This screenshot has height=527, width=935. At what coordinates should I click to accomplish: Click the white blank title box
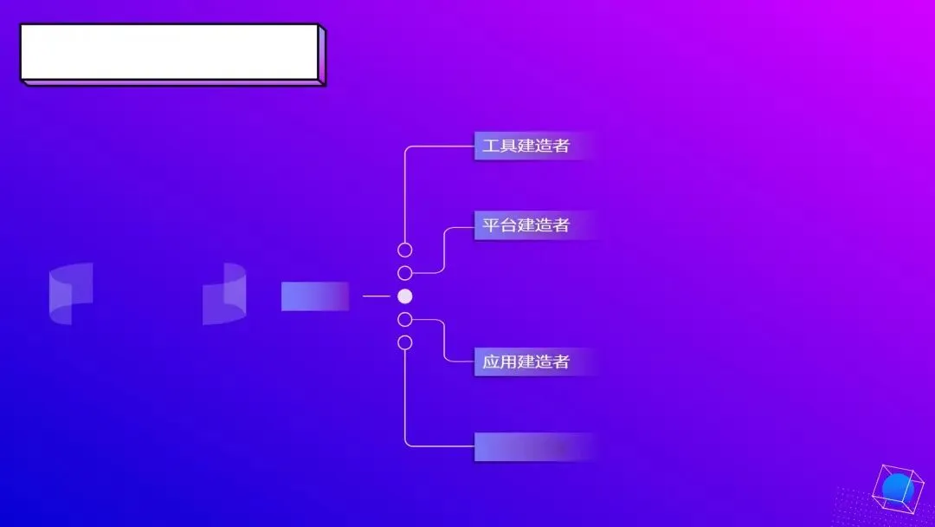170,52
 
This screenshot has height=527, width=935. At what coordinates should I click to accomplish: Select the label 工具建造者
526,146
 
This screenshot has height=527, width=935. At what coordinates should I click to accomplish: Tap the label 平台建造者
526,225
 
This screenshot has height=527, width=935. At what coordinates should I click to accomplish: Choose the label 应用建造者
526,361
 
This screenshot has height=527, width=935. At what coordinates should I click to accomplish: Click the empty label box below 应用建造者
532,446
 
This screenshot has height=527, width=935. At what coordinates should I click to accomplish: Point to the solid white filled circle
404,296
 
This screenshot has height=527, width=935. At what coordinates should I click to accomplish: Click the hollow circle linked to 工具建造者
404,250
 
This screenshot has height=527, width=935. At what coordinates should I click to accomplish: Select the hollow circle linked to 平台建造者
404,273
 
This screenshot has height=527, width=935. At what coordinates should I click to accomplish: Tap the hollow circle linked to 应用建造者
404,319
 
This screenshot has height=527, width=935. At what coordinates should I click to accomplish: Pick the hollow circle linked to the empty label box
404,342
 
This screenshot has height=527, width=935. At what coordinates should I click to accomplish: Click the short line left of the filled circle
376,296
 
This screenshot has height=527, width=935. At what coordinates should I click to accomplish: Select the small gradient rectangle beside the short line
315,296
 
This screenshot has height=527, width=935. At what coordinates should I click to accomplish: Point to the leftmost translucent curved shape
71,294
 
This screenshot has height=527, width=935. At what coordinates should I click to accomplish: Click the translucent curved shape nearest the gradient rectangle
224,294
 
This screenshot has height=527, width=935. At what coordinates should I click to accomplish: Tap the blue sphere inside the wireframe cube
898,488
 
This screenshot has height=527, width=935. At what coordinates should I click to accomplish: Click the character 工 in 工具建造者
491,146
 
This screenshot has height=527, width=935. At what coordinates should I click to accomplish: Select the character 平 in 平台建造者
491,225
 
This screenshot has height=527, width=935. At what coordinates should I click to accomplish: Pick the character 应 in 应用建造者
491,361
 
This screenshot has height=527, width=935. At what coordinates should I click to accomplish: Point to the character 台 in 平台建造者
508,225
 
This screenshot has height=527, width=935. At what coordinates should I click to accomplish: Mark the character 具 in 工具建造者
508,146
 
